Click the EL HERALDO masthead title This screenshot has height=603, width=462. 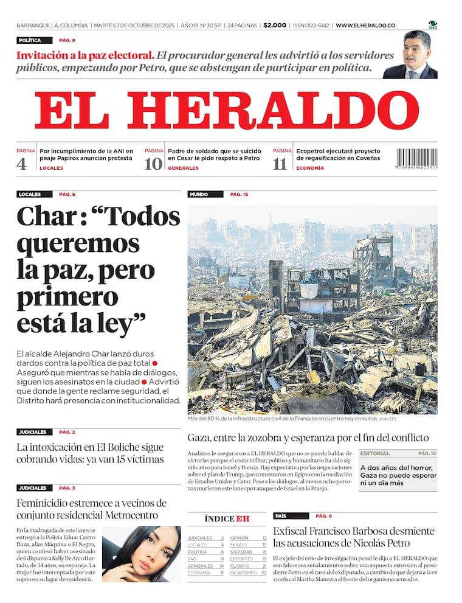pyautogui.click(x=226, y=111)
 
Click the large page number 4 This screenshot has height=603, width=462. pyautogui.click(x=21, y=164)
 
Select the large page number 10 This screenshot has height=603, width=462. pyautogui.click(x=153, y=164)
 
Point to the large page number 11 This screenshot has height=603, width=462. pyautogui.click(x=280, y=164)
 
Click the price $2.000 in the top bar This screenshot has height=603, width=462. pyautogui.click(x=275, y=26)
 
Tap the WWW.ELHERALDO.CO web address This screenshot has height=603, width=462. pyautogui.click(x=365, y=26)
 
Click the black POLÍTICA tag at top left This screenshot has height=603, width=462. pyautogui.click(x=30, y=40)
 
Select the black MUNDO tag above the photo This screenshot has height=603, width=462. pyautogui.click(x=199, y=194)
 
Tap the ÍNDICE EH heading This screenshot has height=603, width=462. pyautogui.click(x=227, y=518)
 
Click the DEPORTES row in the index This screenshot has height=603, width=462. pyautogui.click(x=241, y=559)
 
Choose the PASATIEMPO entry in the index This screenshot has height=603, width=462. pyautogui.click(x=244, y=573)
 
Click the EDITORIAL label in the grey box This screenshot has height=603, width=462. pyautogui.click(x=375, y=453)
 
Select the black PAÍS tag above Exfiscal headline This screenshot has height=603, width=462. pyautogui.click(x=280, y=515)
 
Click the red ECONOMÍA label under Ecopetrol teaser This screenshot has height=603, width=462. pyautogui.click(x=310, y=168)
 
